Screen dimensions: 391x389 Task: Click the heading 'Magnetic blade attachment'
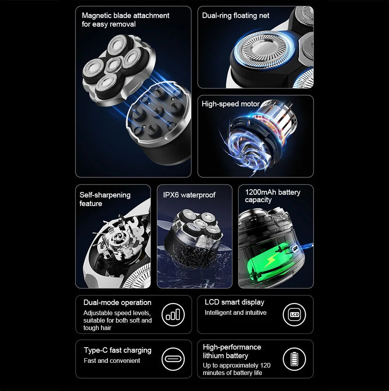125,16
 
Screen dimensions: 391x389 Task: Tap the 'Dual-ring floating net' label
235,16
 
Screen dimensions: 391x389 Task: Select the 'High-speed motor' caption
230,104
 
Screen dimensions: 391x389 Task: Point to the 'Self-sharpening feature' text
105,199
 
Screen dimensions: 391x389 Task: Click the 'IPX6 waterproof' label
189,195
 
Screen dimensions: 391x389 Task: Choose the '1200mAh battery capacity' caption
272,196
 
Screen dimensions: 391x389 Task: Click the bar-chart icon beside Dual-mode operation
173,314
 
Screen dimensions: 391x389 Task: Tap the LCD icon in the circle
294,314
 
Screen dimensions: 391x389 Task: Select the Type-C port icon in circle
173,359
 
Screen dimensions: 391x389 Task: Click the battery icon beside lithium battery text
294,359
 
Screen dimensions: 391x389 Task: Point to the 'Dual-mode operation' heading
117,303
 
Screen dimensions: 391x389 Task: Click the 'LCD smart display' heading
234,302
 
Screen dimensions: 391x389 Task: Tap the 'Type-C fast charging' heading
117,350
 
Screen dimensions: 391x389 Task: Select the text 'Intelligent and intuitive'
235,313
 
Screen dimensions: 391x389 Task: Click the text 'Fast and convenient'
112,361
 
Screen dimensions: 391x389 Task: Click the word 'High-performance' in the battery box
232,347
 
